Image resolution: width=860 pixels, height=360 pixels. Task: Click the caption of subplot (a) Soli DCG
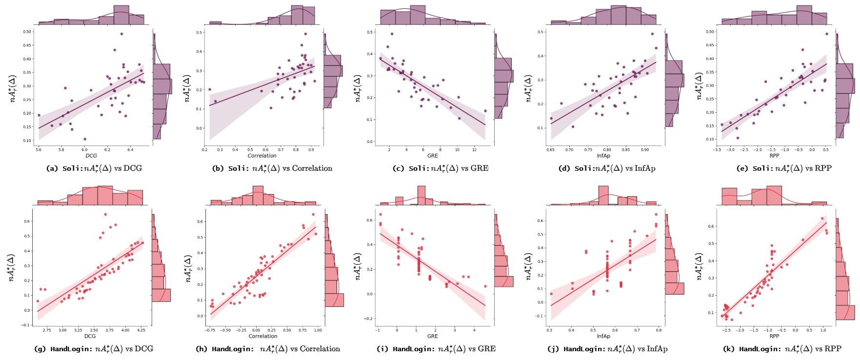(x=94, y=168)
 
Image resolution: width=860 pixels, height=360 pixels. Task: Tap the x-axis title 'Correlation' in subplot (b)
(x=262, y=156)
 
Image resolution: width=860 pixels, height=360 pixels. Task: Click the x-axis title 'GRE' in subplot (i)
(x=433, y=336)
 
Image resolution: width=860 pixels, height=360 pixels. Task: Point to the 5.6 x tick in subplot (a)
(x=39, y=150)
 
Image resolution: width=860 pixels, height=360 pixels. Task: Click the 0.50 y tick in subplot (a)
(x=27, y=32)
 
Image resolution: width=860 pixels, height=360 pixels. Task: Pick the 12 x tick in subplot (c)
(x=475, y=150)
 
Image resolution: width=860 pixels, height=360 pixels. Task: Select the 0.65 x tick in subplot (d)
(x=551, y=150)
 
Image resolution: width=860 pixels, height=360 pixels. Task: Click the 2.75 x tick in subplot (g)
(x=47, y=330)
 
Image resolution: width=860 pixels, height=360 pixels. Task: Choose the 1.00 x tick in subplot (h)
(x=318, y=330)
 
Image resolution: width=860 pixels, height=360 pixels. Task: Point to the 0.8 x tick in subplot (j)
(x=659, y=330)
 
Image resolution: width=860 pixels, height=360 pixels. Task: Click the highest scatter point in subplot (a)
(x=121, y=34)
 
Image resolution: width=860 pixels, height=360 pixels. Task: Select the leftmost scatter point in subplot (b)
(x=210, y=90)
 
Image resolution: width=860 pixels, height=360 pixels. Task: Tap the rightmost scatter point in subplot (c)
(x=485, y=111)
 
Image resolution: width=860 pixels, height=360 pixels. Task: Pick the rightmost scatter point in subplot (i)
(x=485, y=286)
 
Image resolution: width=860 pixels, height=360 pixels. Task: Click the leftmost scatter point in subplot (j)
(x=551, y=294)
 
